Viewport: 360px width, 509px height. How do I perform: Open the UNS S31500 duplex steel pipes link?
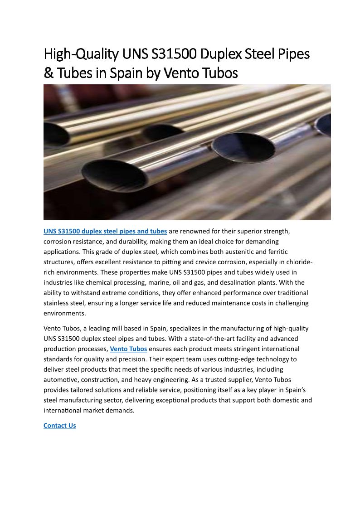[x=105, y=231]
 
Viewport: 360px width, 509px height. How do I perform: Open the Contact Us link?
[x=59, y=426]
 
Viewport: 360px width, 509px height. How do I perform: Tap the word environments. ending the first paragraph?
[x=64, y=313]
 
